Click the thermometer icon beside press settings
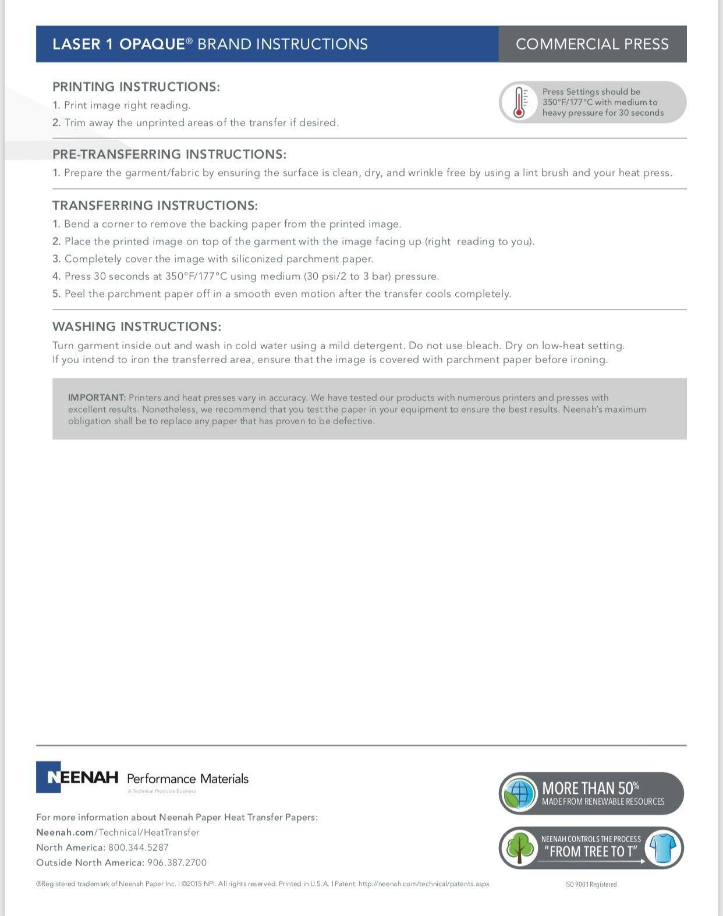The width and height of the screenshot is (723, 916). click(x=519, y=102)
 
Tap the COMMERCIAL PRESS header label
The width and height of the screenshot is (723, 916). click(x=592, y=44)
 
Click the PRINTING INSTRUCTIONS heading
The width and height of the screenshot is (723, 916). click(x=136, y=87)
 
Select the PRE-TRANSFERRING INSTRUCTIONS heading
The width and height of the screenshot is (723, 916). click(x=169, y=154)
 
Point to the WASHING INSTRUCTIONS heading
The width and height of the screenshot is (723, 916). click(x=137, y=326)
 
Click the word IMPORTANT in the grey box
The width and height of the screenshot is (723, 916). click(x=97, y=398)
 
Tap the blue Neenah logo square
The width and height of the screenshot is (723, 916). click(x=48, y=777)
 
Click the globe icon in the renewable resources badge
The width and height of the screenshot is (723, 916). click(x=519, y=793)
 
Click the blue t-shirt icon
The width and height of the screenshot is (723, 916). click(x=663, y=848)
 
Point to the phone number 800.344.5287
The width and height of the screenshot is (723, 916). click(x=138, y=847)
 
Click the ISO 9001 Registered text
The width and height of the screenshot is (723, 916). click(x=590, y=885)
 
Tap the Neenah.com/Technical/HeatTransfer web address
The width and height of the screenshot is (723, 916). click(x=118, y=832)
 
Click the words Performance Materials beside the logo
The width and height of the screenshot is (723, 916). click(x=187, y=779)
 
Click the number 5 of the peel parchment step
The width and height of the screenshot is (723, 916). click(x=56, y=294)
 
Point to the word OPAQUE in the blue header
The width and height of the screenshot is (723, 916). click(x=153, y=44)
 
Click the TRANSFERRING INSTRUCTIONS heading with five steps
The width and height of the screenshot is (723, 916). click(x=155, y=205)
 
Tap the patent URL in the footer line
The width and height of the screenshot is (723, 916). click(x=424, y=884)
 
